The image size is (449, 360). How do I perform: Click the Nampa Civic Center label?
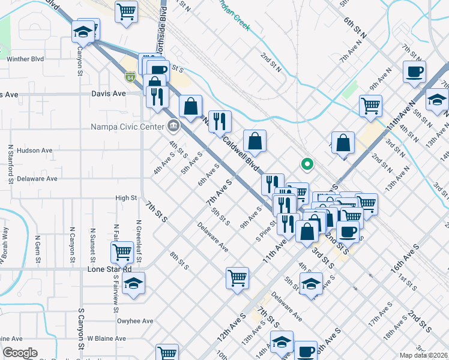[x=127, y=127]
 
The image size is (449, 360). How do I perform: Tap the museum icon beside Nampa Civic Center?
[x=173, y=125]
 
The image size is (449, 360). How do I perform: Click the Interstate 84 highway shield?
[x=130, y=77]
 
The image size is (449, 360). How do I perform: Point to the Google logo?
[x=20, y=353]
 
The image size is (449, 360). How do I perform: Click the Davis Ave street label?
[x=109, y=94]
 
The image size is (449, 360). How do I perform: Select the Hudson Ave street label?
[x=35, y=151]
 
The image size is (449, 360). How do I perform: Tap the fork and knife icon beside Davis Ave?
[x=157, y=96]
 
